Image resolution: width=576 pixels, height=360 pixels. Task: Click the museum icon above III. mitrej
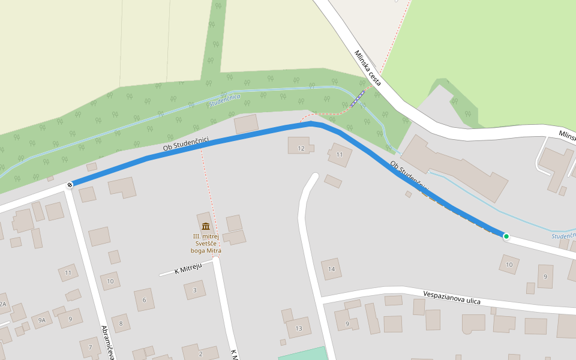[206, 226]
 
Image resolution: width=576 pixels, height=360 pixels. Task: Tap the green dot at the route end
[506, 236]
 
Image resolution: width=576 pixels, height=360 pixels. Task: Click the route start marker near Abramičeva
[70, 185]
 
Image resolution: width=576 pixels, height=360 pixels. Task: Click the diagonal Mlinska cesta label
[367, 68]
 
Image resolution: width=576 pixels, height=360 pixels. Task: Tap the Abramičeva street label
[108, 342]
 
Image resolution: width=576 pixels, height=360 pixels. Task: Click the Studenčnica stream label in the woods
[225, 100]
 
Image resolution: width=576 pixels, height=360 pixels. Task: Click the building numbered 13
[298, 328]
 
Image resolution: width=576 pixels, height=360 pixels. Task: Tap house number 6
[144, 300]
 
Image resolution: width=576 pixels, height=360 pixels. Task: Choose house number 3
[194, 290]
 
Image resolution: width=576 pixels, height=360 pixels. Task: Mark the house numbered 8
[121, 324]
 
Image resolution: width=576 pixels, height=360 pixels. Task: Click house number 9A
[42, 320]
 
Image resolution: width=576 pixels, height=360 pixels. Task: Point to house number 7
[90, 347]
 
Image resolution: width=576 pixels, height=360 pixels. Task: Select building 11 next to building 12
[340, 155]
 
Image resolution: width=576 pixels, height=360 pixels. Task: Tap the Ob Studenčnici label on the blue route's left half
[186, 143]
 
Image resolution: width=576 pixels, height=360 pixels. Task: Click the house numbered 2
[200, 354]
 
